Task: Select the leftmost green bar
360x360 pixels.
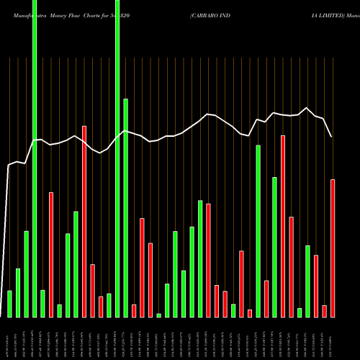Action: [9, 303]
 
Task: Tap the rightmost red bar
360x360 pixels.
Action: [333, 248]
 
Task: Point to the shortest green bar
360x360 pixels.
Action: [158, 315]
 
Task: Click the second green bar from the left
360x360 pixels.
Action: [18, 292]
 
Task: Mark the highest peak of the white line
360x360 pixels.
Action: [307, 108]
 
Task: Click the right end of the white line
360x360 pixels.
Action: [332, 137]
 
